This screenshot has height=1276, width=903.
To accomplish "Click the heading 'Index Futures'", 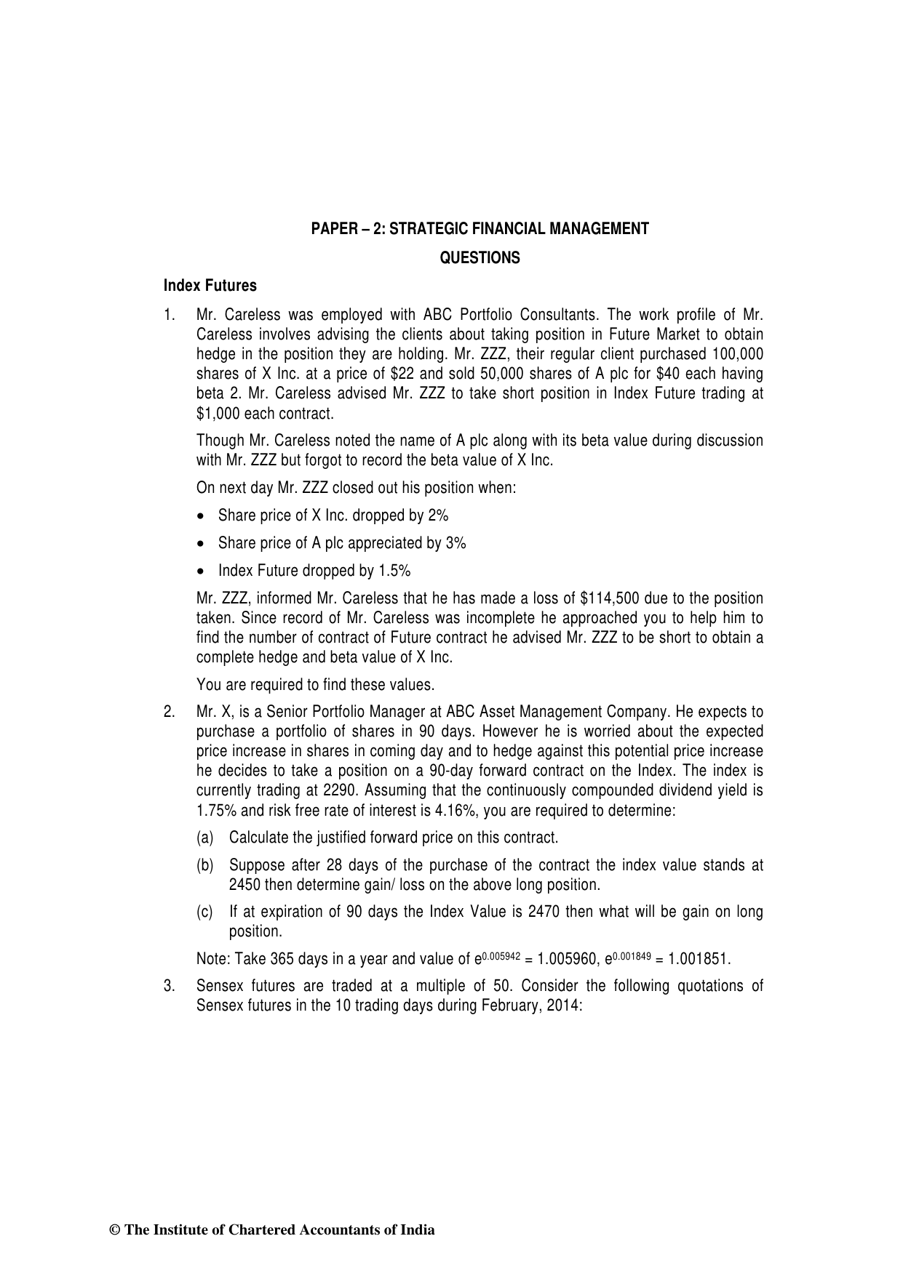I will (x=210, y=286).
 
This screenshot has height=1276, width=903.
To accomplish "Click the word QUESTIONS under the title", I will (x=480, y=258).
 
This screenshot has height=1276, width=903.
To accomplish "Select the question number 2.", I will (x=169, y=712).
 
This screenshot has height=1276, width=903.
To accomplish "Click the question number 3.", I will (x=169, y=986).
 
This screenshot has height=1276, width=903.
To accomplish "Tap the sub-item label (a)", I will (x=205, y=838).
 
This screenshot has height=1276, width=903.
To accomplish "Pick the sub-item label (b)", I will (x=205, y=865).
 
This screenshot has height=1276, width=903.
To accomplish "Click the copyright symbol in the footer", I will (x=114, y=1230).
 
